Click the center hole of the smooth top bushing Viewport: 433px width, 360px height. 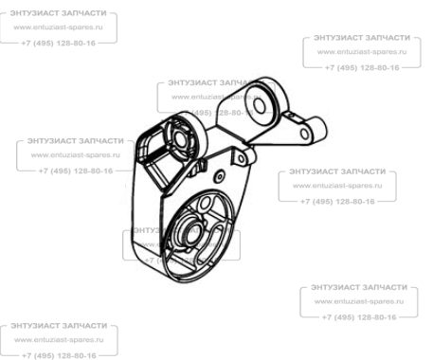tap(260, 106)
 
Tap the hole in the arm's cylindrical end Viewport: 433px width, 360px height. tap(305, 134)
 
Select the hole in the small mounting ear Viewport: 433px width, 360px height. tap(242, 158)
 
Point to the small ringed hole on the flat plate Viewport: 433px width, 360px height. tap(219, 177)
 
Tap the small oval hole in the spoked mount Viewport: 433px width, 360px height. tap(205, 204)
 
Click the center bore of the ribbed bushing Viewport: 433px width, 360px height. tap(180, 139)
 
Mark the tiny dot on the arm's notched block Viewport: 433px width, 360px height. tap(291, 116)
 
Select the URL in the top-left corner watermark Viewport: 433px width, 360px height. tap(58, 27)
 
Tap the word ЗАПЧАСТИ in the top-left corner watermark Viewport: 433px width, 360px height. tap(82, 13)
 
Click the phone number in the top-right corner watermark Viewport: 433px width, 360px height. tap(362, 67)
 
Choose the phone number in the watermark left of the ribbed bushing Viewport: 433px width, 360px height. tap(76, 171)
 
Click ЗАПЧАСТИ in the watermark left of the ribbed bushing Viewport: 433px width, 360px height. tap(100, 141)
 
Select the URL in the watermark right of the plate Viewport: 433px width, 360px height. tap(337, 186)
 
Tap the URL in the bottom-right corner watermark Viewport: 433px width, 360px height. tap(359, 301)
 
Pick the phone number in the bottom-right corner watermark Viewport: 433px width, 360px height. tap(359, 317)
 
